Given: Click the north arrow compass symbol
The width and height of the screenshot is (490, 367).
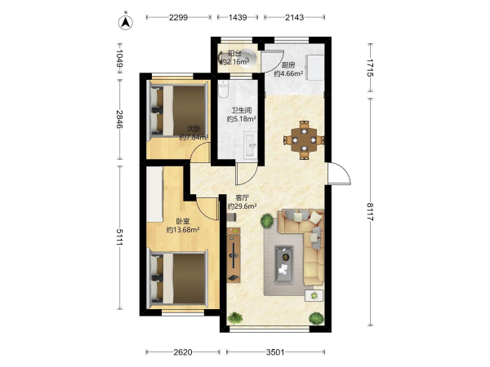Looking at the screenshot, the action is pyautogui.click(x=126, y=22).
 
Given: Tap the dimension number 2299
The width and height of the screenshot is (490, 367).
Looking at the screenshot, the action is pyautogui.click(x=178, y=17).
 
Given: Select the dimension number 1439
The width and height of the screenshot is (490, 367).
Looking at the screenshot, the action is pyautogui.click(x=238, y=17).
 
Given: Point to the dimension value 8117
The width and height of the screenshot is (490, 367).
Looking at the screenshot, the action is pyautogui.click(x=370, y=212).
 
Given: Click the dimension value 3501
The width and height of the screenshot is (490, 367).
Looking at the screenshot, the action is pyautogui.click(x=275, y=352).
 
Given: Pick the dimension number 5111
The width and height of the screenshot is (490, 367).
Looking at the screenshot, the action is pyautogui.click(x=120, y=237).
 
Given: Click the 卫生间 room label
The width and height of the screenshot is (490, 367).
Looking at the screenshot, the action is pyautogui.click(x=242, y=110).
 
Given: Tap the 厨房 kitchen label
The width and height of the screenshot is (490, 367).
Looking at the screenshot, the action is pyautogui.click(x=288, y=65).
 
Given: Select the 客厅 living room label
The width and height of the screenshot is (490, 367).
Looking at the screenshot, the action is pyautogui.click(x=243, y=197).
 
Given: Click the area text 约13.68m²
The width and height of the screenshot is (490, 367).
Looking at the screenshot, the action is pyautogui.click(x=183, y=230).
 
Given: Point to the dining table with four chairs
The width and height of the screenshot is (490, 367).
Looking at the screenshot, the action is pyautogui.click(x=304, y=140).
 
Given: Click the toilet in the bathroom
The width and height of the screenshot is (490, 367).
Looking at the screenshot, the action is pyautogui.click(x=224, y=89).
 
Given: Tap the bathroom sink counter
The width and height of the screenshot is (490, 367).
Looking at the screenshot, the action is pyautogui.click(x=250, y=144).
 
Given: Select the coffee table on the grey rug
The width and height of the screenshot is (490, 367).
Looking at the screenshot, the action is pyautogui.click(x=284, y=265).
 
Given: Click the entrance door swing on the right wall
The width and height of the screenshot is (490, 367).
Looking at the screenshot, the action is pyautogui.click(x=339, y=173).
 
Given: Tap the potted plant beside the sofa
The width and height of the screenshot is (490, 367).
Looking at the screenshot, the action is pyautogui.click(x=267, y=221).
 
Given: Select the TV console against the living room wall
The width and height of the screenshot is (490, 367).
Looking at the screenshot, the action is pyautogui.click(x=234, y=255).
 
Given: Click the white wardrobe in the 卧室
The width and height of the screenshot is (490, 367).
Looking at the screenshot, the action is pyautogui.click(x=154, y=194).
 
